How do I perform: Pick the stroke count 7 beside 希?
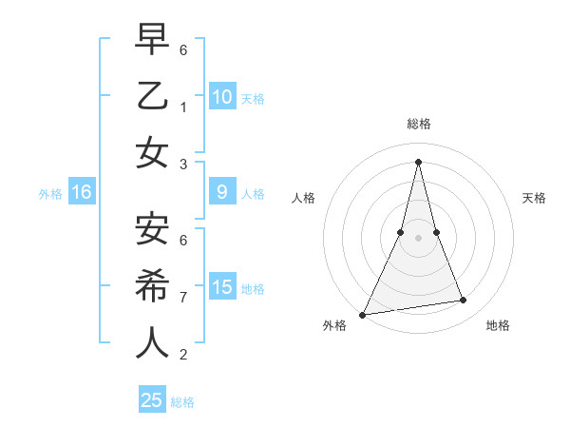click(x=183, y=297)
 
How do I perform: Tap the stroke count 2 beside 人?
click(x=183, y=355)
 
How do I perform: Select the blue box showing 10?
click(x=222, y=97)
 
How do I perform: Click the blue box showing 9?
click(x=222, y=193)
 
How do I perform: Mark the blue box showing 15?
click(x=222, y=287)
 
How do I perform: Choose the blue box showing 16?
click(x=82, y=193)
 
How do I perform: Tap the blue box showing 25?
click(x=152, y=400)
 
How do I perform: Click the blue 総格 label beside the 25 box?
click(x=182, y=402)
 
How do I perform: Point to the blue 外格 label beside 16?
click(x=50, y=194)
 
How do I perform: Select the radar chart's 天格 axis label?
click(x=535, y=198)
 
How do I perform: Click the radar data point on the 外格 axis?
click(x=364, y=315)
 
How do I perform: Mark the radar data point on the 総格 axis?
click(x=418, y=161)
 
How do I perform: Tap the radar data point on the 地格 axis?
click(x=464, y=301)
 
